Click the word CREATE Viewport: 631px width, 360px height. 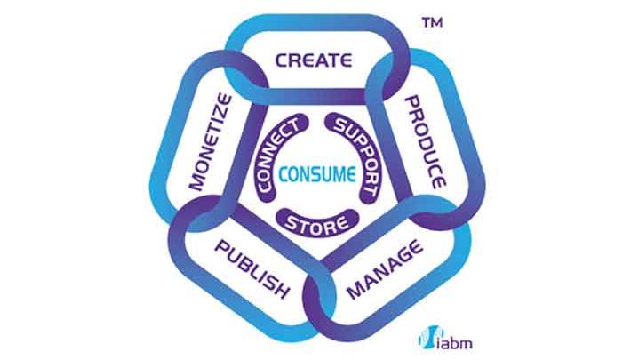[314, 61]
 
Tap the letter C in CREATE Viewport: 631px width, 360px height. [281, 61]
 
